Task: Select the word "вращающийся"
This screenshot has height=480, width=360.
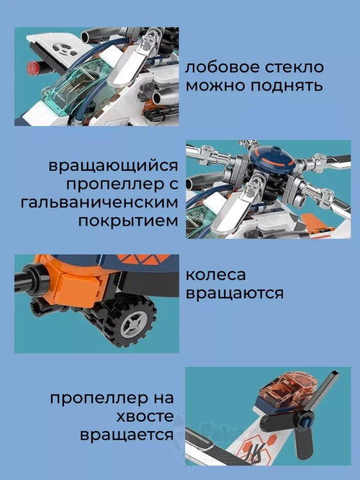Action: pos(113,166)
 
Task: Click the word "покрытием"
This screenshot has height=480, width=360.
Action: pos(127,222)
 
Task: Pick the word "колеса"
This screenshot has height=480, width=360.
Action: pos(215,275)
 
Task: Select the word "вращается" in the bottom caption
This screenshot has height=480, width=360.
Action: pos(127,435)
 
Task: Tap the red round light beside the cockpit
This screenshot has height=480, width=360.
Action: pos(32,67)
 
